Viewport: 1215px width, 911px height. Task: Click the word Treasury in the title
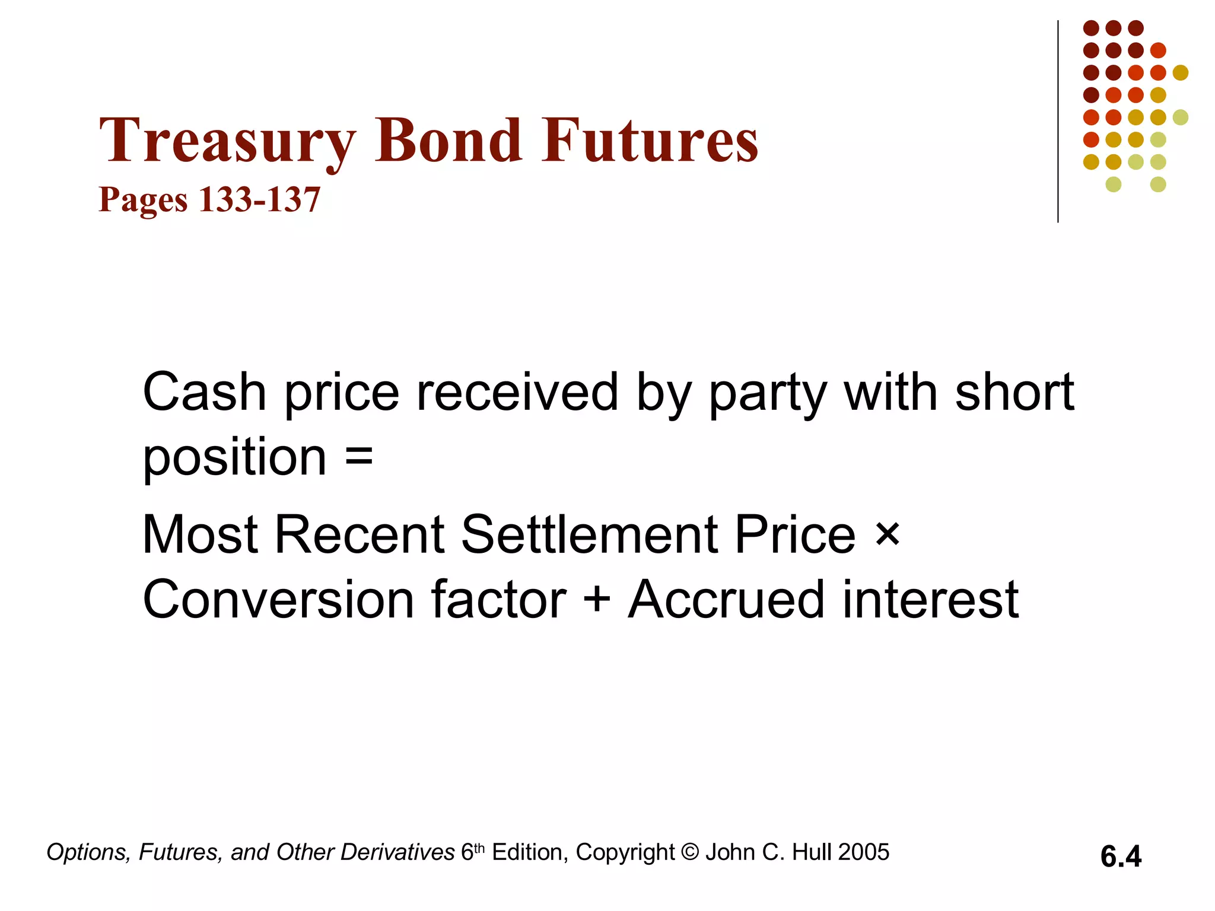[227, 141]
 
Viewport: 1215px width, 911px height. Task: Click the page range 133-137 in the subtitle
[259, 199]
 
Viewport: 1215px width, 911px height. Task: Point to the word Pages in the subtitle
[143, 200]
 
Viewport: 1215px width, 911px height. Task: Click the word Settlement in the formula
[593, 534]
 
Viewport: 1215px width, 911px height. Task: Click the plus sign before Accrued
[597, 599]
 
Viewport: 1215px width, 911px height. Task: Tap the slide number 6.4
[1121, 856]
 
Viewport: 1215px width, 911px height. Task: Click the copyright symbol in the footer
[690, 852]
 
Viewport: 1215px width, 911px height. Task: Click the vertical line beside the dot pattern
[1058, 122]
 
